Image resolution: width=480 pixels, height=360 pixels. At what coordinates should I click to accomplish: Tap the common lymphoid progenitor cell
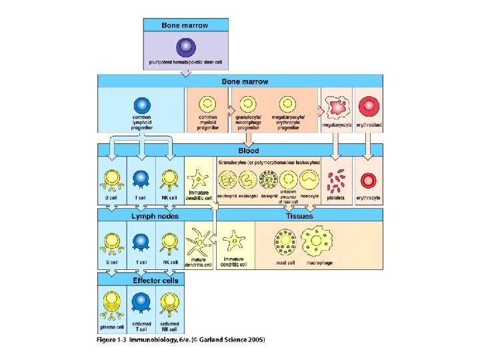(141, 105)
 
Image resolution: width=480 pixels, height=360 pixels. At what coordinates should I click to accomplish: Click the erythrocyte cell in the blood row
(367, 180)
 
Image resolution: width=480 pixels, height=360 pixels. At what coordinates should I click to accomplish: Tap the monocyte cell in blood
(309, 180)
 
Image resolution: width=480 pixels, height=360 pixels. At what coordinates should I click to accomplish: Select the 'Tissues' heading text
(299, 215)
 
